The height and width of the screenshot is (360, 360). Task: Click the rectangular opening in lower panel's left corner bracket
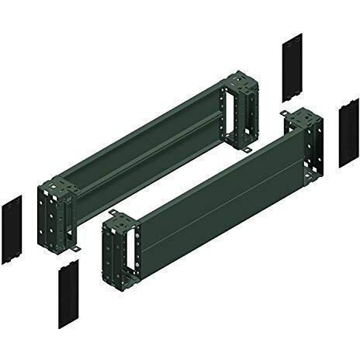coord(133,250)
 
